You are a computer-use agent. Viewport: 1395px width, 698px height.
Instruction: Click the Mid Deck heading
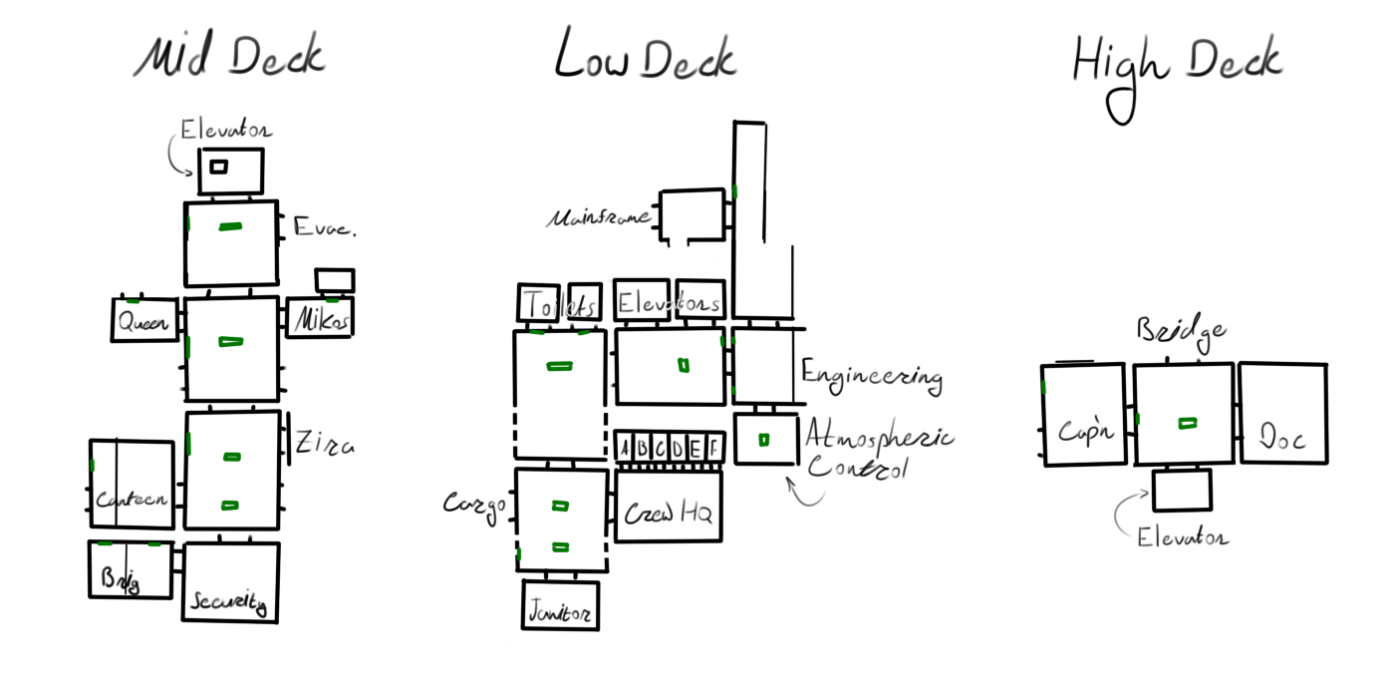point(230,58)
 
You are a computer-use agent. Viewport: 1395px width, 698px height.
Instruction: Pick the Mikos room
point(320,318)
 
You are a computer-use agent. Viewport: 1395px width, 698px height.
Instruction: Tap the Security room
point(230,582)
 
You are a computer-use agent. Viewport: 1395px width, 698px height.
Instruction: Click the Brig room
point(130,570)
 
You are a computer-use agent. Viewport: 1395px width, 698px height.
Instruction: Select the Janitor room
point(560,605)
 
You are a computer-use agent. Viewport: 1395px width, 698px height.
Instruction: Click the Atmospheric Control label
point(877,451)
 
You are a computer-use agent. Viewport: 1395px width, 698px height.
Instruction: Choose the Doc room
point(1282,413)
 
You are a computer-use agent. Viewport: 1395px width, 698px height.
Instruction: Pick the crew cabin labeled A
point(626,448)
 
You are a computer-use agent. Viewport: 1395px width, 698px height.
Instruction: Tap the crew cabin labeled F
point(712,448)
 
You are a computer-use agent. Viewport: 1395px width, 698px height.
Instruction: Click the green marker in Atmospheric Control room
point(764,440)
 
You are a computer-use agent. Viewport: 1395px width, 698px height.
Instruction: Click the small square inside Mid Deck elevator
point(218,167)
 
